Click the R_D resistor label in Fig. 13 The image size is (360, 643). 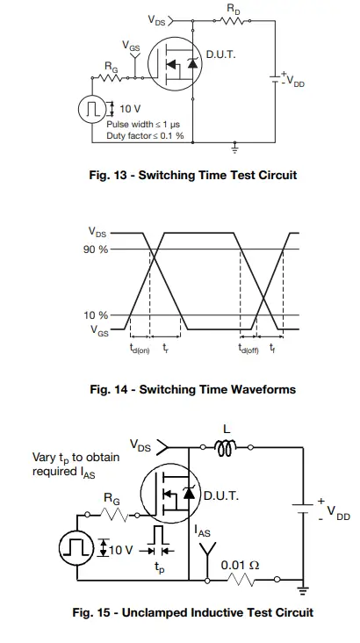[x=234, y=8]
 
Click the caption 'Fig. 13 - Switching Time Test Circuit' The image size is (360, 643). [x=193, y=175]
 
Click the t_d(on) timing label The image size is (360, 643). [x=139, y=348]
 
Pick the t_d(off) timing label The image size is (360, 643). [x=250, y=348]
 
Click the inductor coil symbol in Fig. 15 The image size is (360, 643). [x=227, y=449]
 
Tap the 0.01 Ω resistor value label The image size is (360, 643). [x=241, y=564]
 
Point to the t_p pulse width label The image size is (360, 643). [x=159, y=567]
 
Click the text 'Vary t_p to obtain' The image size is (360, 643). [x=76, y=458]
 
